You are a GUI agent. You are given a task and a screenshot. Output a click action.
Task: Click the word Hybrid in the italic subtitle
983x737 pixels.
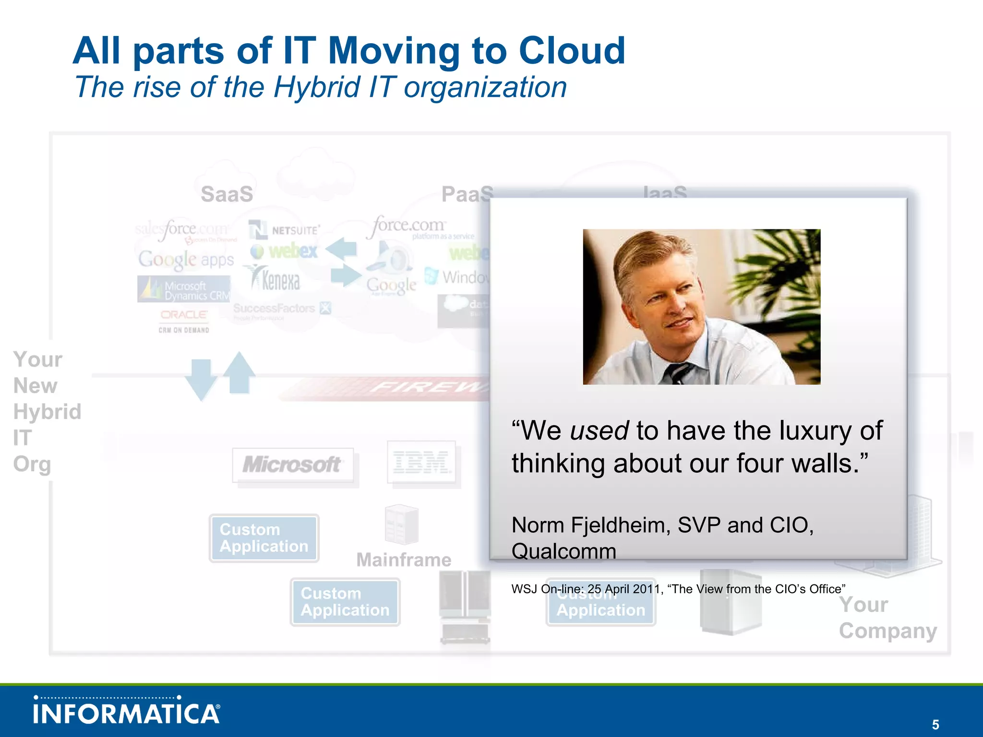point(316,88)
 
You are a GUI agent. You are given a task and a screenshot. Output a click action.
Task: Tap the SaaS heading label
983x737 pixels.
point(227,194)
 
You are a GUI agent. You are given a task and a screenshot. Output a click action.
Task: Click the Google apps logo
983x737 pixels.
point(186,260)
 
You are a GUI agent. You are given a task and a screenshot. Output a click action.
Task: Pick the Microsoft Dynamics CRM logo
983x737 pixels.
point(184,289)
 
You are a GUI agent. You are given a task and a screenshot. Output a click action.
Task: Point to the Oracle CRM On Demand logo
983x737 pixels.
point(184,321)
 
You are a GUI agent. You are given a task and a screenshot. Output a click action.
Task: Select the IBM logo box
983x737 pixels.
point(421,463)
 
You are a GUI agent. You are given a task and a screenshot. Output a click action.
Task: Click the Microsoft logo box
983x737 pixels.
point(293,464)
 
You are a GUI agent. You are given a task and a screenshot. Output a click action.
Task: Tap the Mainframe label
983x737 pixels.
point(404,560)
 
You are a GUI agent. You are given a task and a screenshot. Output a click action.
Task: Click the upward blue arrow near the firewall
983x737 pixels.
point(239,372)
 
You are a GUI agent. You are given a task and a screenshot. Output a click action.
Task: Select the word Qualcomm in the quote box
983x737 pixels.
point(563,551)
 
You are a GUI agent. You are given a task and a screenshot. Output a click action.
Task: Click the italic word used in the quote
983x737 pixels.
point(599,430)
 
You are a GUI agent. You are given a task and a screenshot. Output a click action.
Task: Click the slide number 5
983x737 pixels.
point(935,725)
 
